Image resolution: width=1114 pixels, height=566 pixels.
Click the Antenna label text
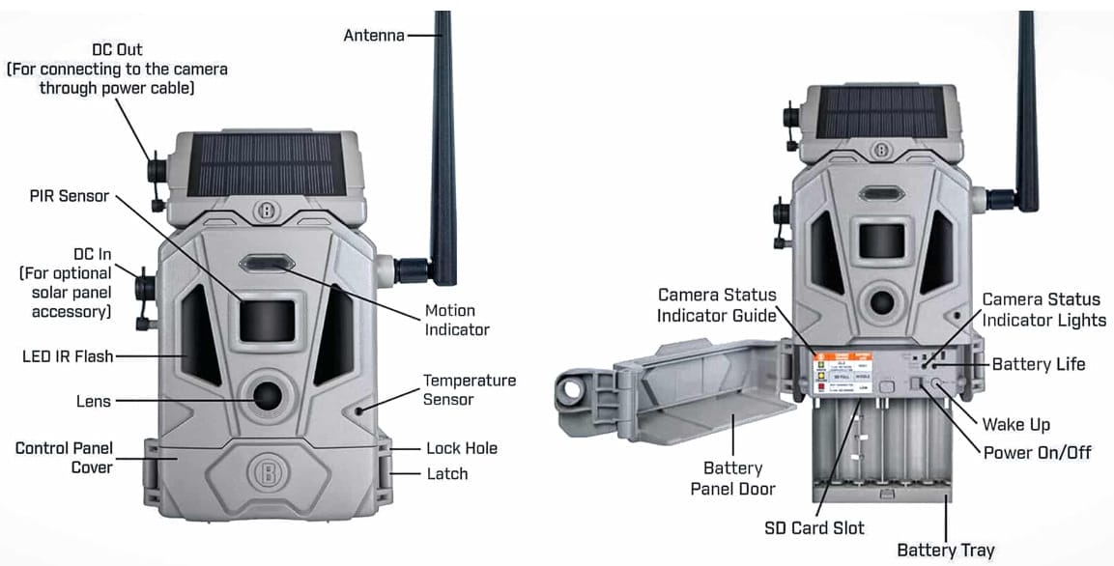[x=374, y=36]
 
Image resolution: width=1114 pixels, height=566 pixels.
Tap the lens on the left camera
[x=265, y=394]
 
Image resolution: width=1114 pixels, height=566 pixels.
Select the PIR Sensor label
[x=70, y=196]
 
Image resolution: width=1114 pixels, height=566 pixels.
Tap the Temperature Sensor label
[x=469, y=389]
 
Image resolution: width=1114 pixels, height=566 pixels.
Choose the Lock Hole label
[x=461, y=448]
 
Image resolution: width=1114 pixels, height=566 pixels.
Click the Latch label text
[x=446, y=473]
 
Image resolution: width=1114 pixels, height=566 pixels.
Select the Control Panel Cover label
[x=64, y=458]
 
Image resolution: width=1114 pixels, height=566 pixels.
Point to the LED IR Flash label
[x=68, y=356]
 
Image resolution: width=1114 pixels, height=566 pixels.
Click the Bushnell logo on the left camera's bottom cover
[x=264, y=473]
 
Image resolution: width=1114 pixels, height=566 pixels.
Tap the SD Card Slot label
[x=814, y=527]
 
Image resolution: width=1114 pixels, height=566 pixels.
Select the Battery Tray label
[x=945, y=550]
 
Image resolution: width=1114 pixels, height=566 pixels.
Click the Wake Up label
[x=1015, y=424]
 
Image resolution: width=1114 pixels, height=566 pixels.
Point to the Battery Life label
[x=1038, y=364]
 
